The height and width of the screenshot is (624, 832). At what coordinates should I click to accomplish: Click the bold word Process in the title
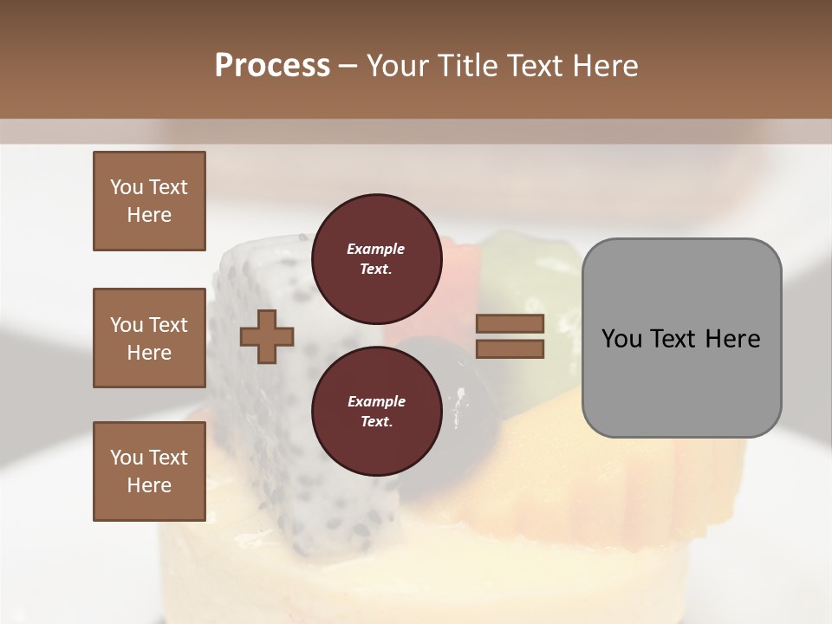tap(272, 65)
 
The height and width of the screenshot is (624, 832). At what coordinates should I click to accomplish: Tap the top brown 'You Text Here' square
tap(149, 201)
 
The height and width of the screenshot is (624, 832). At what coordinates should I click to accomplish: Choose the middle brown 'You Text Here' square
tap(149, 338)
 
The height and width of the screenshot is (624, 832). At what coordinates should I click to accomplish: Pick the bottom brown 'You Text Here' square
tap(149, 471)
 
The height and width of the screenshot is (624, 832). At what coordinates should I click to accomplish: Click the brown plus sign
tap(267, 337)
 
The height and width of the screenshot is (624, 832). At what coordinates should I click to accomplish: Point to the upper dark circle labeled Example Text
tap(376, 258)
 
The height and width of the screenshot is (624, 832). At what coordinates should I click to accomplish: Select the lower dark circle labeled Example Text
tap(376, 412)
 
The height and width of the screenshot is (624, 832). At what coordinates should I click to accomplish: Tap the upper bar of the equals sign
tap(510, 323)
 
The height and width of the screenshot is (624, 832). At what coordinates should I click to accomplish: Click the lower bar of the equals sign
tap(510, 348)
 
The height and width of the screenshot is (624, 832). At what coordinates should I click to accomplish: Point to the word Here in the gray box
tap(732, 338)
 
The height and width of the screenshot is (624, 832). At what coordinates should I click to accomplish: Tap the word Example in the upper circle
tap(376, 249)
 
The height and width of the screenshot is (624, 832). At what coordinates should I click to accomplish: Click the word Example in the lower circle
tap(376, 401)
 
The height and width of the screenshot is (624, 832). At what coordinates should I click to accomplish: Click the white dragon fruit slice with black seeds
tap(260, 407)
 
